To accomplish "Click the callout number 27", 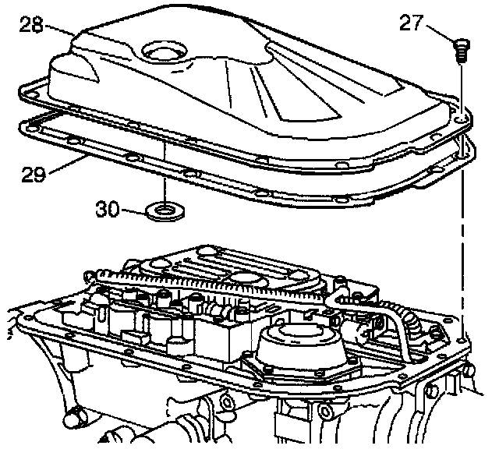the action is click(x=411, y=23).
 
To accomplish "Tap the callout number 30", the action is click(x=108, y=209).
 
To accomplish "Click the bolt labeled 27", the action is click(x=461, y=50).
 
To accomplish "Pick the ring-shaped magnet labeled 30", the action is click(x=165, y=212).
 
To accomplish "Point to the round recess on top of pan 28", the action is click(x=165, y=51).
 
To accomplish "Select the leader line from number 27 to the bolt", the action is click(x=440, y=33).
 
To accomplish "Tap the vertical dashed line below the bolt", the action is click(x=462, y=251).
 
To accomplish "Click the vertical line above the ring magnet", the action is click(x=165, y=172).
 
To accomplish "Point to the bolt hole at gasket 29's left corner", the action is click(x=31, y=129).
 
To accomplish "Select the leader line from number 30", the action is click(x=133, y=211).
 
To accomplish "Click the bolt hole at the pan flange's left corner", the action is click(x=31, y=94).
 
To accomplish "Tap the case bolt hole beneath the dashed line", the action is click(x=461, y=341).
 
